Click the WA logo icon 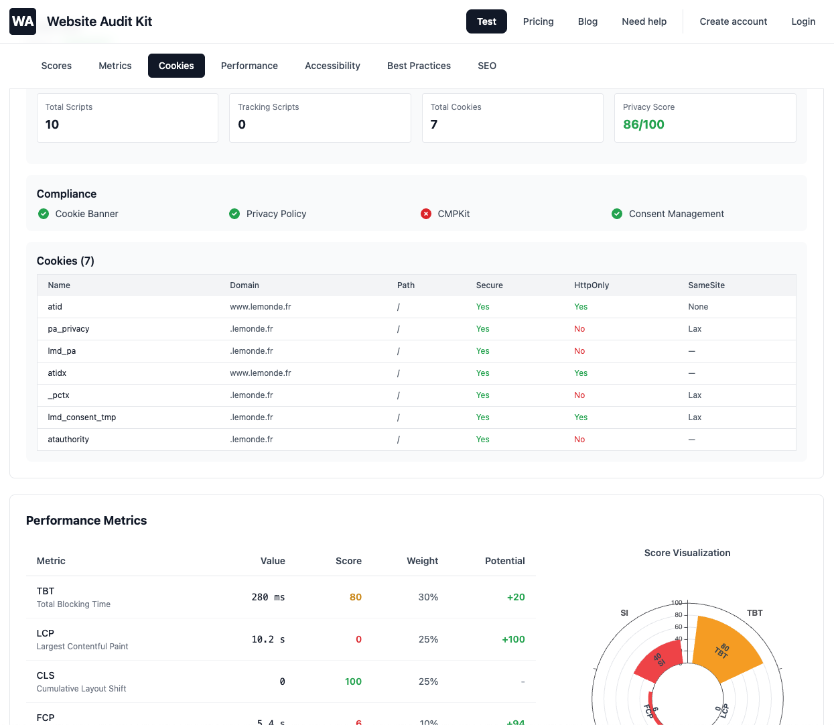pos(23,21)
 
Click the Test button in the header pos(486,21)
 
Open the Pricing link pos(538,21)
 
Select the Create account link pos(733,21)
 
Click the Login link pos(803,21)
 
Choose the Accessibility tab pos(332,66)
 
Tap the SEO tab pos(486,66)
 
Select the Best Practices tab pos(419,66)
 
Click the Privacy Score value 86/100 pos(643,125)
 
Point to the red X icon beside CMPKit pos(426,214)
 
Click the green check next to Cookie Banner pos(44,214)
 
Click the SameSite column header pos(706,285)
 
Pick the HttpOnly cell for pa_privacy pos(579,329)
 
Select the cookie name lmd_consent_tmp pos(82,417)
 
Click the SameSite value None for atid pos(697,307)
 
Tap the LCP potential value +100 pos(513,639)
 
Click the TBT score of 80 pos(355,597)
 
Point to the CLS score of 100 pos(353,681)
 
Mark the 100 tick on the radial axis pos(677,602)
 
